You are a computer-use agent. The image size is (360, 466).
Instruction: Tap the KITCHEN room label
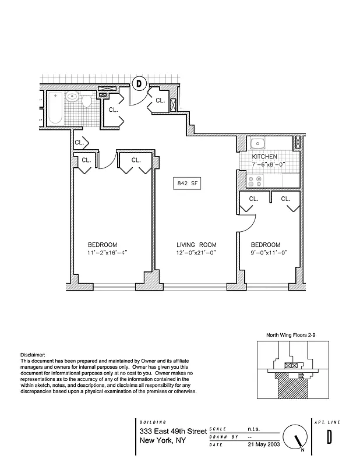click(x=264, y=157)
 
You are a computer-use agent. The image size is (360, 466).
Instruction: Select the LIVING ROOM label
click(x=197, y=245)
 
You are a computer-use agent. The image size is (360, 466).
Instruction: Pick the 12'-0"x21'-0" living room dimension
click(x=197, y=253)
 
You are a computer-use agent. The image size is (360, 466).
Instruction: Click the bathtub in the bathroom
click(x=55, y=108)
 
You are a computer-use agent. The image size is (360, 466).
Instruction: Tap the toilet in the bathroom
click(x=86, y=102)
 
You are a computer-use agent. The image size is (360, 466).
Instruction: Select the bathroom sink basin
click(x=72, y=97)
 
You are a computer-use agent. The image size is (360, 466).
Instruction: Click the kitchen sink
click(x=257, y=144)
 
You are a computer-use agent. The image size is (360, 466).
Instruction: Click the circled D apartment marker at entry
click(x=139, y=84)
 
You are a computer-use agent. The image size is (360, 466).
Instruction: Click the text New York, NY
click(x=163, y=440)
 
